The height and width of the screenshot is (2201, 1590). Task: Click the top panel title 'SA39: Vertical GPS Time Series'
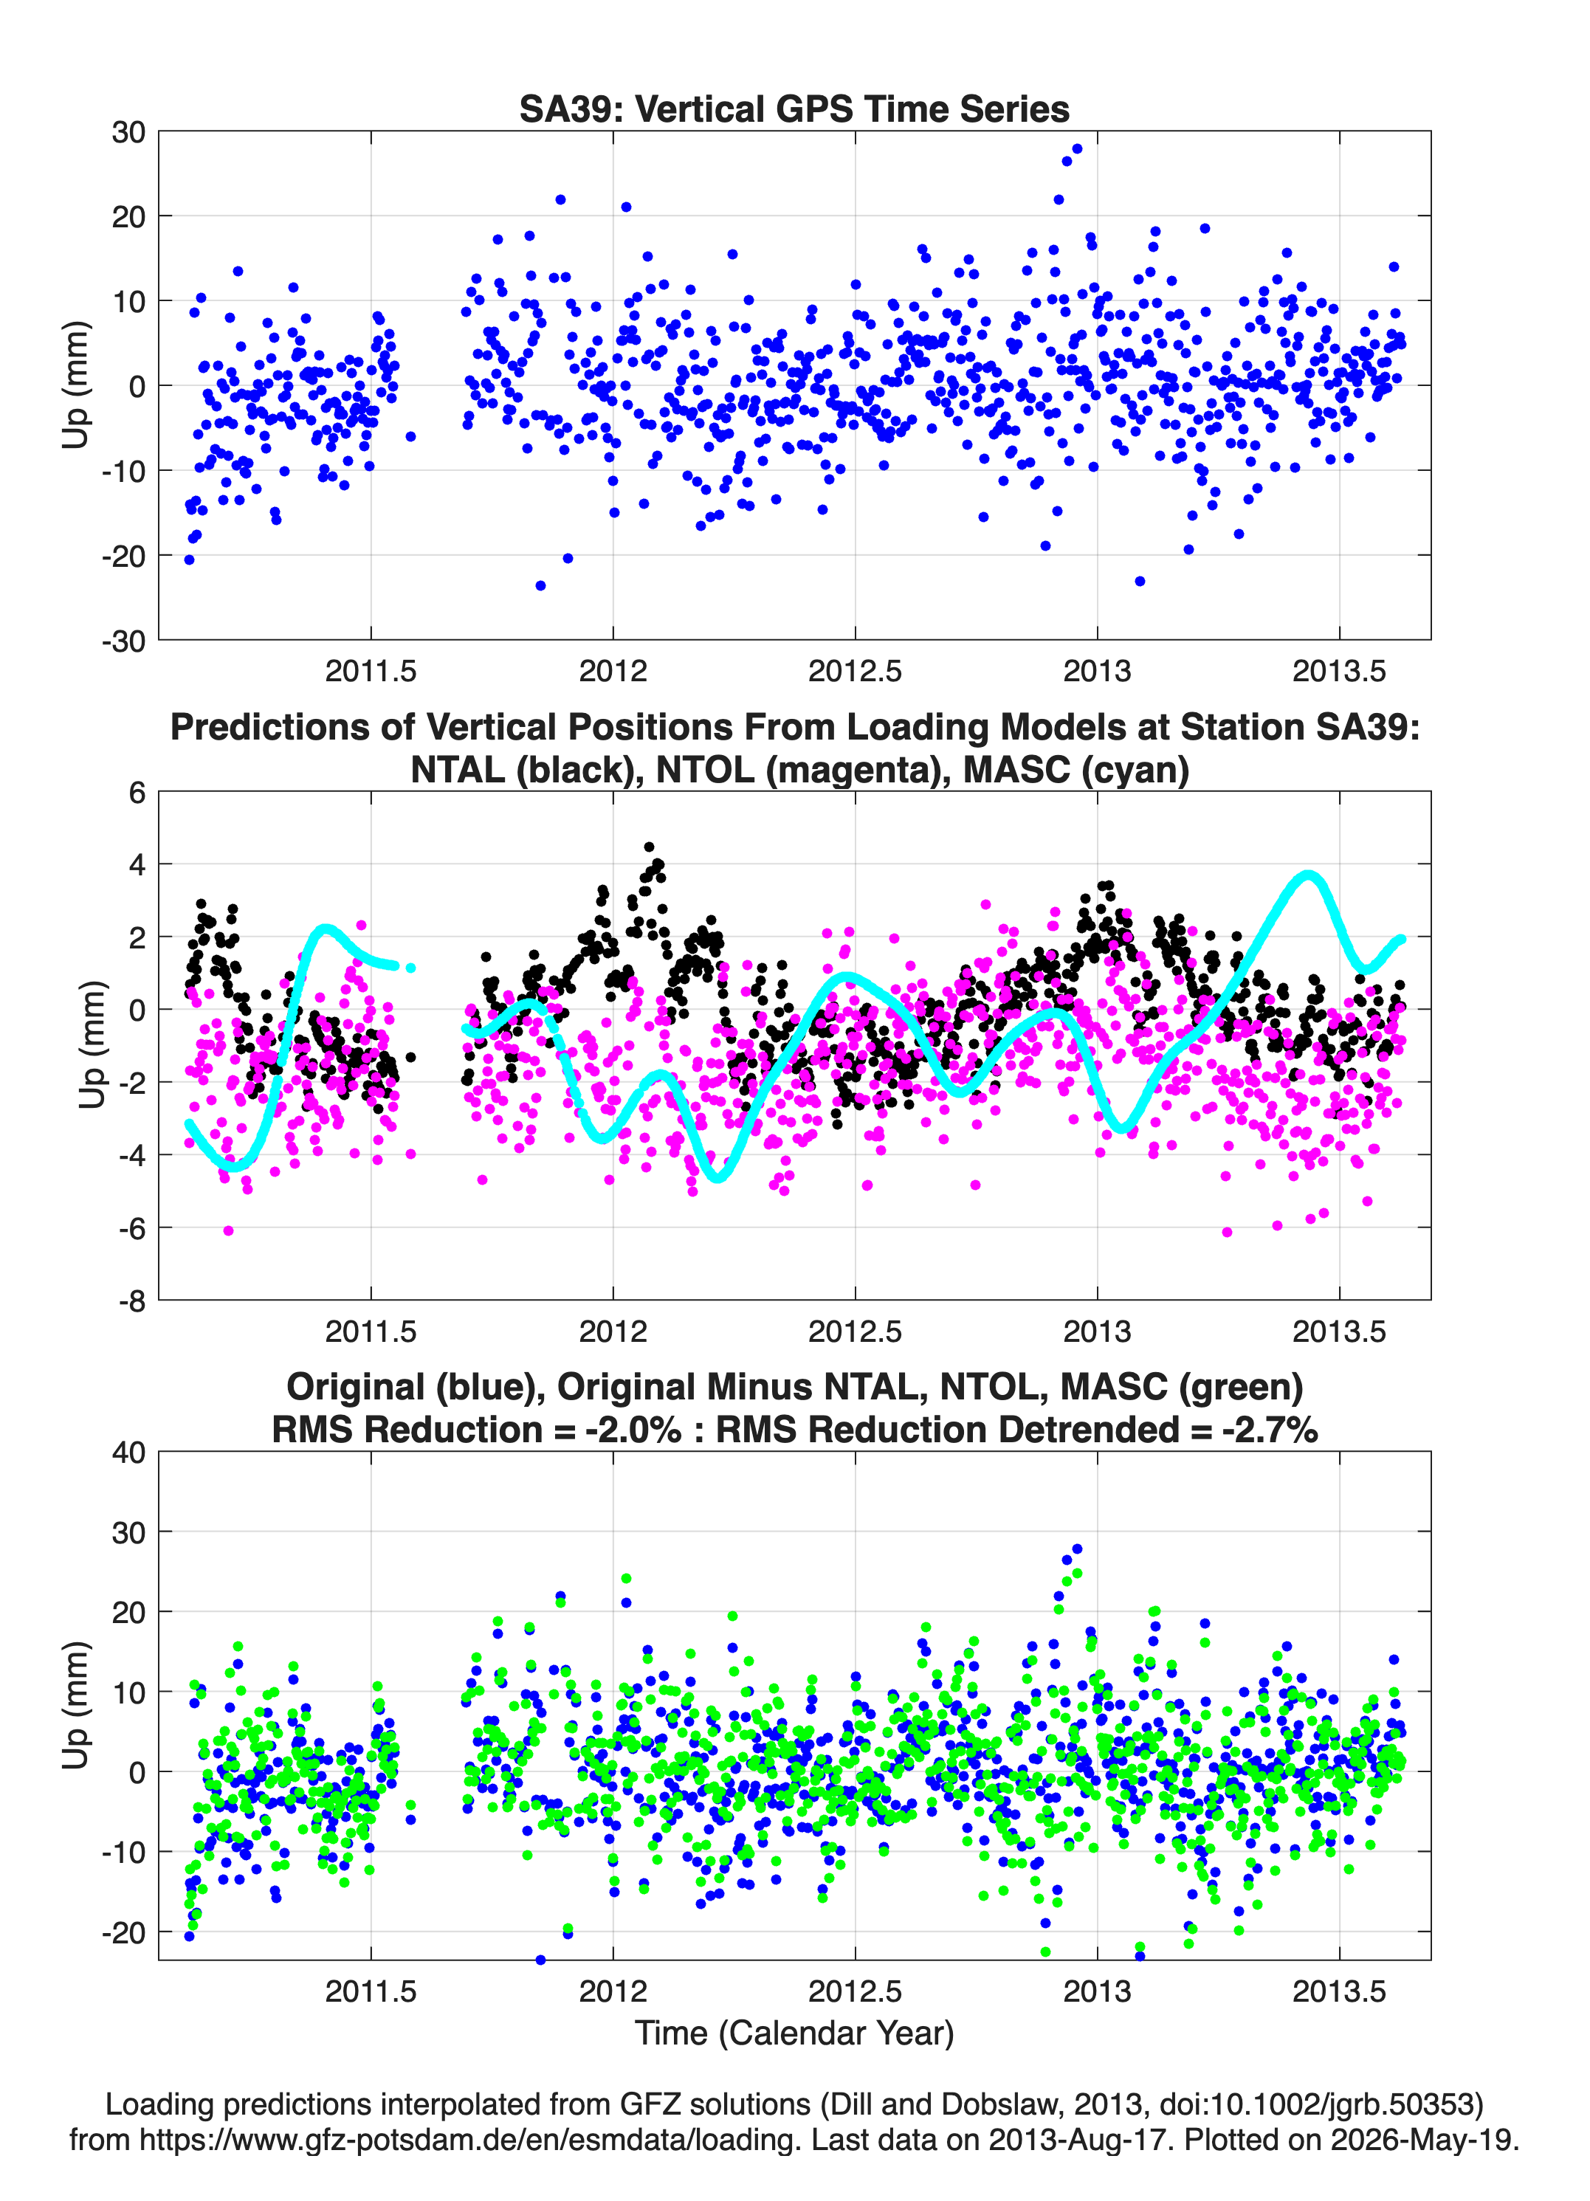(794, 108)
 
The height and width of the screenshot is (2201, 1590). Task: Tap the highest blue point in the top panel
(1076, 149)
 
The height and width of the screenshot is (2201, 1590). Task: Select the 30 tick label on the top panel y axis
(128, 132)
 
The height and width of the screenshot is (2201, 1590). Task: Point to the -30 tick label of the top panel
(123, 641)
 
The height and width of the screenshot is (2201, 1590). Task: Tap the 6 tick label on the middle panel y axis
(137, 793)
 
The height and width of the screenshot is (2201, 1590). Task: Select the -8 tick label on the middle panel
(132, 1301)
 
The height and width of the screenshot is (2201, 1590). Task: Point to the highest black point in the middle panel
(650, 847)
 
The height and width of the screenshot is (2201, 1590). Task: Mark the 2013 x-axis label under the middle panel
(1097, 1332)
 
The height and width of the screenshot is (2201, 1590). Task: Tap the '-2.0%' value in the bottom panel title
(633, 1430)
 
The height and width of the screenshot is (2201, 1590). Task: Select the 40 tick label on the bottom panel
(128, 1453)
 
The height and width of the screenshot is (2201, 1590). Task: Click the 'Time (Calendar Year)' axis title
(794, 2033)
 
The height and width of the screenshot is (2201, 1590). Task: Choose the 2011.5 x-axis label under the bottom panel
(371, 1991)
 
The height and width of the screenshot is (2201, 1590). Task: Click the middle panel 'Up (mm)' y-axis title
(92, 1045)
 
